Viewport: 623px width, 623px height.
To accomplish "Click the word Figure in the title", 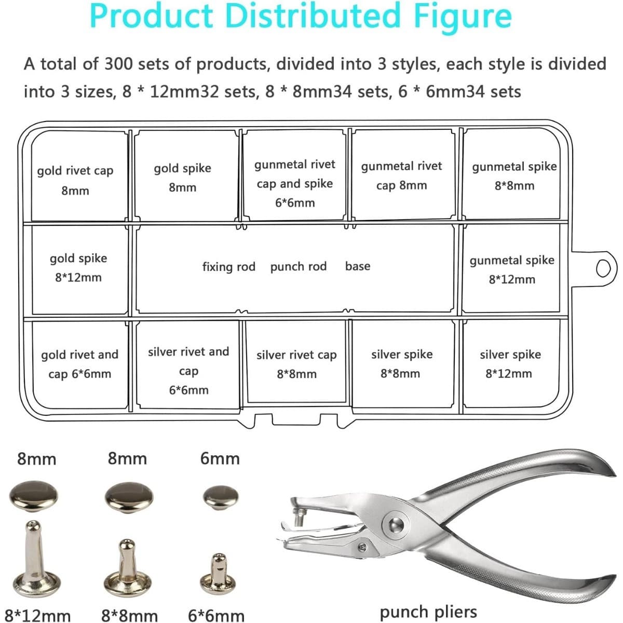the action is tap(463, 16).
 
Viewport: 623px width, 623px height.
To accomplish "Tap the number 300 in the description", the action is tap(118, 64).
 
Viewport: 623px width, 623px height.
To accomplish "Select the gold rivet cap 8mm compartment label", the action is tap(75, 180).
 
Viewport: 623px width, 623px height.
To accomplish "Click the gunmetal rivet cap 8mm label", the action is tap(401, 175).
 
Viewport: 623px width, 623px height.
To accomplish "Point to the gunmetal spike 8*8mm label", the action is tap(514, 176).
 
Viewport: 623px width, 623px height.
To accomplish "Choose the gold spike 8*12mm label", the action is tap(78, 268).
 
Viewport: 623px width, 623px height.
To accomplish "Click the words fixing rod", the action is tap(229, 267).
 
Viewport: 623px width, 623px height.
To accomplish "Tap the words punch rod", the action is tap(299, 267).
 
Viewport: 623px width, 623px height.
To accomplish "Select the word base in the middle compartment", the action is tap(358, 266).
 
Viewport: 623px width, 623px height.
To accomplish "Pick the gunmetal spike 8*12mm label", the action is tap(512, 269).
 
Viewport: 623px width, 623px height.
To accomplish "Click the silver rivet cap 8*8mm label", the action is tap(296, 364).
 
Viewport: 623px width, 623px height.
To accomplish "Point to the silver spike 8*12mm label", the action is tap(510, 364).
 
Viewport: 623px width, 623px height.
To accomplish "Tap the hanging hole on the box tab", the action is tap(603, 268).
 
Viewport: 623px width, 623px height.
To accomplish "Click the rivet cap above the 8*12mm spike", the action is tap(34, 496).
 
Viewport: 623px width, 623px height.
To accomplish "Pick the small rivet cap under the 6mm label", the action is tap(221, 497).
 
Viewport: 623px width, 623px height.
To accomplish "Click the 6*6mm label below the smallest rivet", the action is tap(216, 615).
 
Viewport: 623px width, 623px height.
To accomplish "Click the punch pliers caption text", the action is tap(428, 612).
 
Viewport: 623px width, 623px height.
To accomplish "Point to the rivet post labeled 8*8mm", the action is tap(127, 568).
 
